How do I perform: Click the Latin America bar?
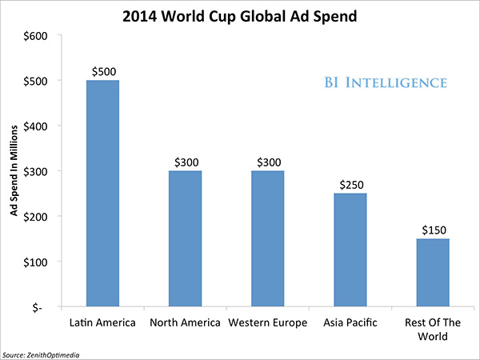102,193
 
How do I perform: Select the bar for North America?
186,238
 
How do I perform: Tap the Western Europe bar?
268,238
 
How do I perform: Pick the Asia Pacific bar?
350,250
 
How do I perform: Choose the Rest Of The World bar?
433,273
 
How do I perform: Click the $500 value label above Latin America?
104,72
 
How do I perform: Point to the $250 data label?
352,185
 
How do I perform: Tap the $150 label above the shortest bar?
434,230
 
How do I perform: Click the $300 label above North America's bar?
186,162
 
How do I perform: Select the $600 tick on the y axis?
35,36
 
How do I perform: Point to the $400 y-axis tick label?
35,126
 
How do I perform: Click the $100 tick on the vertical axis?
35,262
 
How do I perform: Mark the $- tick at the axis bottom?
37,307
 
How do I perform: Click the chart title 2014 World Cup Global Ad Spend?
240,17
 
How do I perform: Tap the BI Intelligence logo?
386,82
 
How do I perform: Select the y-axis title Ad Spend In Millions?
14,170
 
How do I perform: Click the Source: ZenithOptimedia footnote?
41,355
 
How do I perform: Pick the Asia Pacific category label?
350,322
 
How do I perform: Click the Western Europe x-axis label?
268,322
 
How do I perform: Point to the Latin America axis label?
102,322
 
